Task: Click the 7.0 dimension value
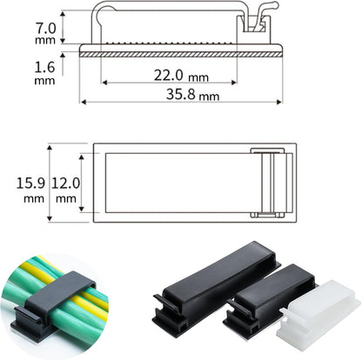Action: pos(45,29)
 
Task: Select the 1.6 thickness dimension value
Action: pos(44,67)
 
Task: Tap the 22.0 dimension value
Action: pos(168,76)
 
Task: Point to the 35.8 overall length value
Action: pos(180,94)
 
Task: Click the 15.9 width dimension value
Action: pos(30,183)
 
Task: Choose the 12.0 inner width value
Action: pos(65,183)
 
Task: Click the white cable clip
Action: pos(318,315)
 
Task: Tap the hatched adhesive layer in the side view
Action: pos(180,55)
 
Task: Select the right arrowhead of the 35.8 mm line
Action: pos(279,102)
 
